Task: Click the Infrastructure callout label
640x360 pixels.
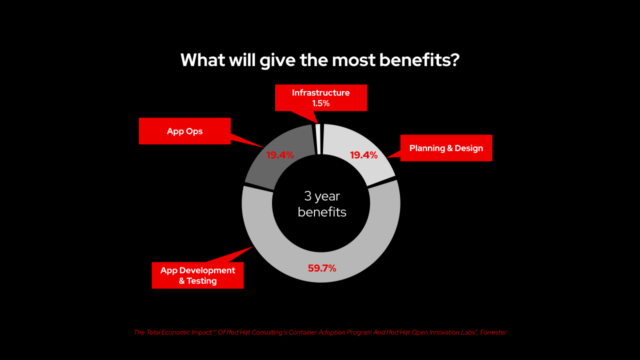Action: (x=321, y=97)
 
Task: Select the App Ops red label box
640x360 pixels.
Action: (x=184, y=131)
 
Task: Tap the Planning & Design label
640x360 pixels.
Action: (x=446, y=148)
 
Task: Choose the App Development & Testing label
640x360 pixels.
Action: (x=197, y=275)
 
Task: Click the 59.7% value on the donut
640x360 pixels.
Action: (x=322, y=268)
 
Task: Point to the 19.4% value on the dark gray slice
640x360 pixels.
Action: (x=280, y=155)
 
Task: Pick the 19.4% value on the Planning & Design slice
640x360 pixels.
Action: (x=363, y=155)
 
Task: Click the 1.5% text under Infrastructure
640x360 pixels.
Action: (x=321, y=103)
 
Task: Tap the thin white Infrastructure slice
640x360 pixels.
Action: (x=318, y=139)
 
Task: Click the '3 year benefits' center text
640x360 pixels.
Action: (x=322, y=204)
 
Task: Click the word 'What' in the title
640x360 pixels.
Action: (x=202, y=60)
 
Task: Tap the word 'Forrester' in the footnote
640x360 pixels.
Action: (x=493, y=332)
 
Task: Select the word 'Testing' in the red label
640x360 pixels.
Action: (x=201, y=281)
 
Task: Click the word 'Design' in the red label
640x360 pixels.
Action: (x=468, y=148)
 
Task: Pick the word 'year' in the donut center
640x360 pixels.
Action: (x=327, y=197)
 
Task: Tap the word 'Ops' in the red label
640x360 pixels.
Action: (x=194, y=131)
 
